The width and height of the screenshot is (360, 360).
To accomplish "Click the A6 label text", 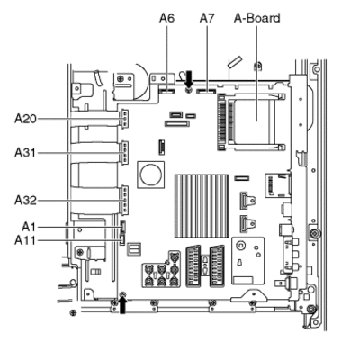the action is coord(166,18).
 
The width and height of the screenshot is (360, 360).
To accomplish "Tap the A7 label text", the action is coord(207,18).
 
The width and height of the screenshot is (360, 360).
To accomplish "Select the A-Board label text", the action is coord(257,18).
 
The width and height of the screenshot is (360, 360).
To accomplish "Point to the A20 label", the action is coord(25,119).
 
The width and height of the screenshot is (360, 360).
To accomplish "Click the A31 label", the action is coord(25,153).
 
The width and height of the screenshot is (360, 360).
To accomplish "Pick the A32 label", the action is coord(25,200).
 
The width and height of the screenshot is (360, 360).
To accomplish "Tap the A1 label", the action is coord(29,227).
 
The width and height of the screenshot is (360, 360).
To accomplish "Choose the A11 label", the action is coord(25,240).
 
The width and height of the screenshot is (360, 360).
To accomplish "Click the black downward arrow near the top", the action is coord(189,78).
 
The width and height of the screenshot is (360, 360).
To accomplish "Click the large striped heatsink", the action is coord(202,206).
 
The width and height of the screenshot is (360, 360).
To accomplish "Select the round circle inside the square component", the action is coord(151,175).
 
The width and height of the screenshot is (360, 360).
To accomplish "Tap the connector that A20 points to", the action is coord(124,119).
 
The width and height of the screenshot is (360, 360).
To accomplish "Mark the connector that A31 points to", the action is coord(124,153).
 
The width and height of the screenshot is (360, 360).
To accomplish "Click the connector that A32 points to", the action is coord(124,200).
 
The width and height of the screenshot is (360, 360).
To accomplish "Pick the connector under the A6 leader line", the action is coord(166,91).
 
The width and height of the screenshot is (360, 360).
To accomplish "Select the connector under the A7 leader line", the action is coord(206,91).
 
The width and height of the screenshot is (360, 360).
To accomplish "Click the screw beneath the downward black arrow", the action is coord(189,90).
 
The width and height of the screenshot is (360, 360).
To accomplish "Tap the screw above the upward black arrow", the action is coord(122,294).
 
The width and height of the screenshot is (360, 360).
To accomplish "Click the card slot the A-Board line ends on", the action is coord(255,121).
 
